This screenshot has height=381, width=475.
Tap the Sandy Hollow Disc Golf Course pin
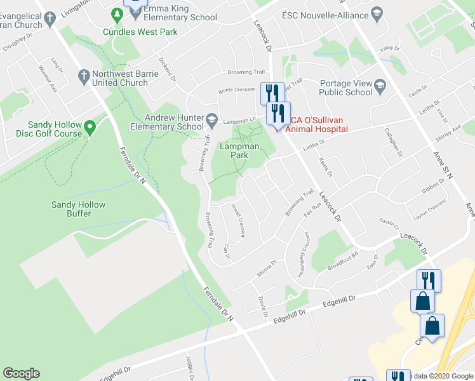point(90,129)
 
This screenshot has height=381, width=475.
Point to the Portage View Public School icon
point(380,85)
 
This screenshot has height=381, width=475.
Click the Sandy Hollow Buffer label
point(78,210)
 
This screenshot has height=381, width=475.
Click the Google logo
point(21,373)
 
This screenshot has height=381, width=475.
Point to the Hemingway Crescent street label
point(304,253)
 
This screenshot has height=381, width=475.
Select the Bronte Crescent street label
point(236,91)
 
